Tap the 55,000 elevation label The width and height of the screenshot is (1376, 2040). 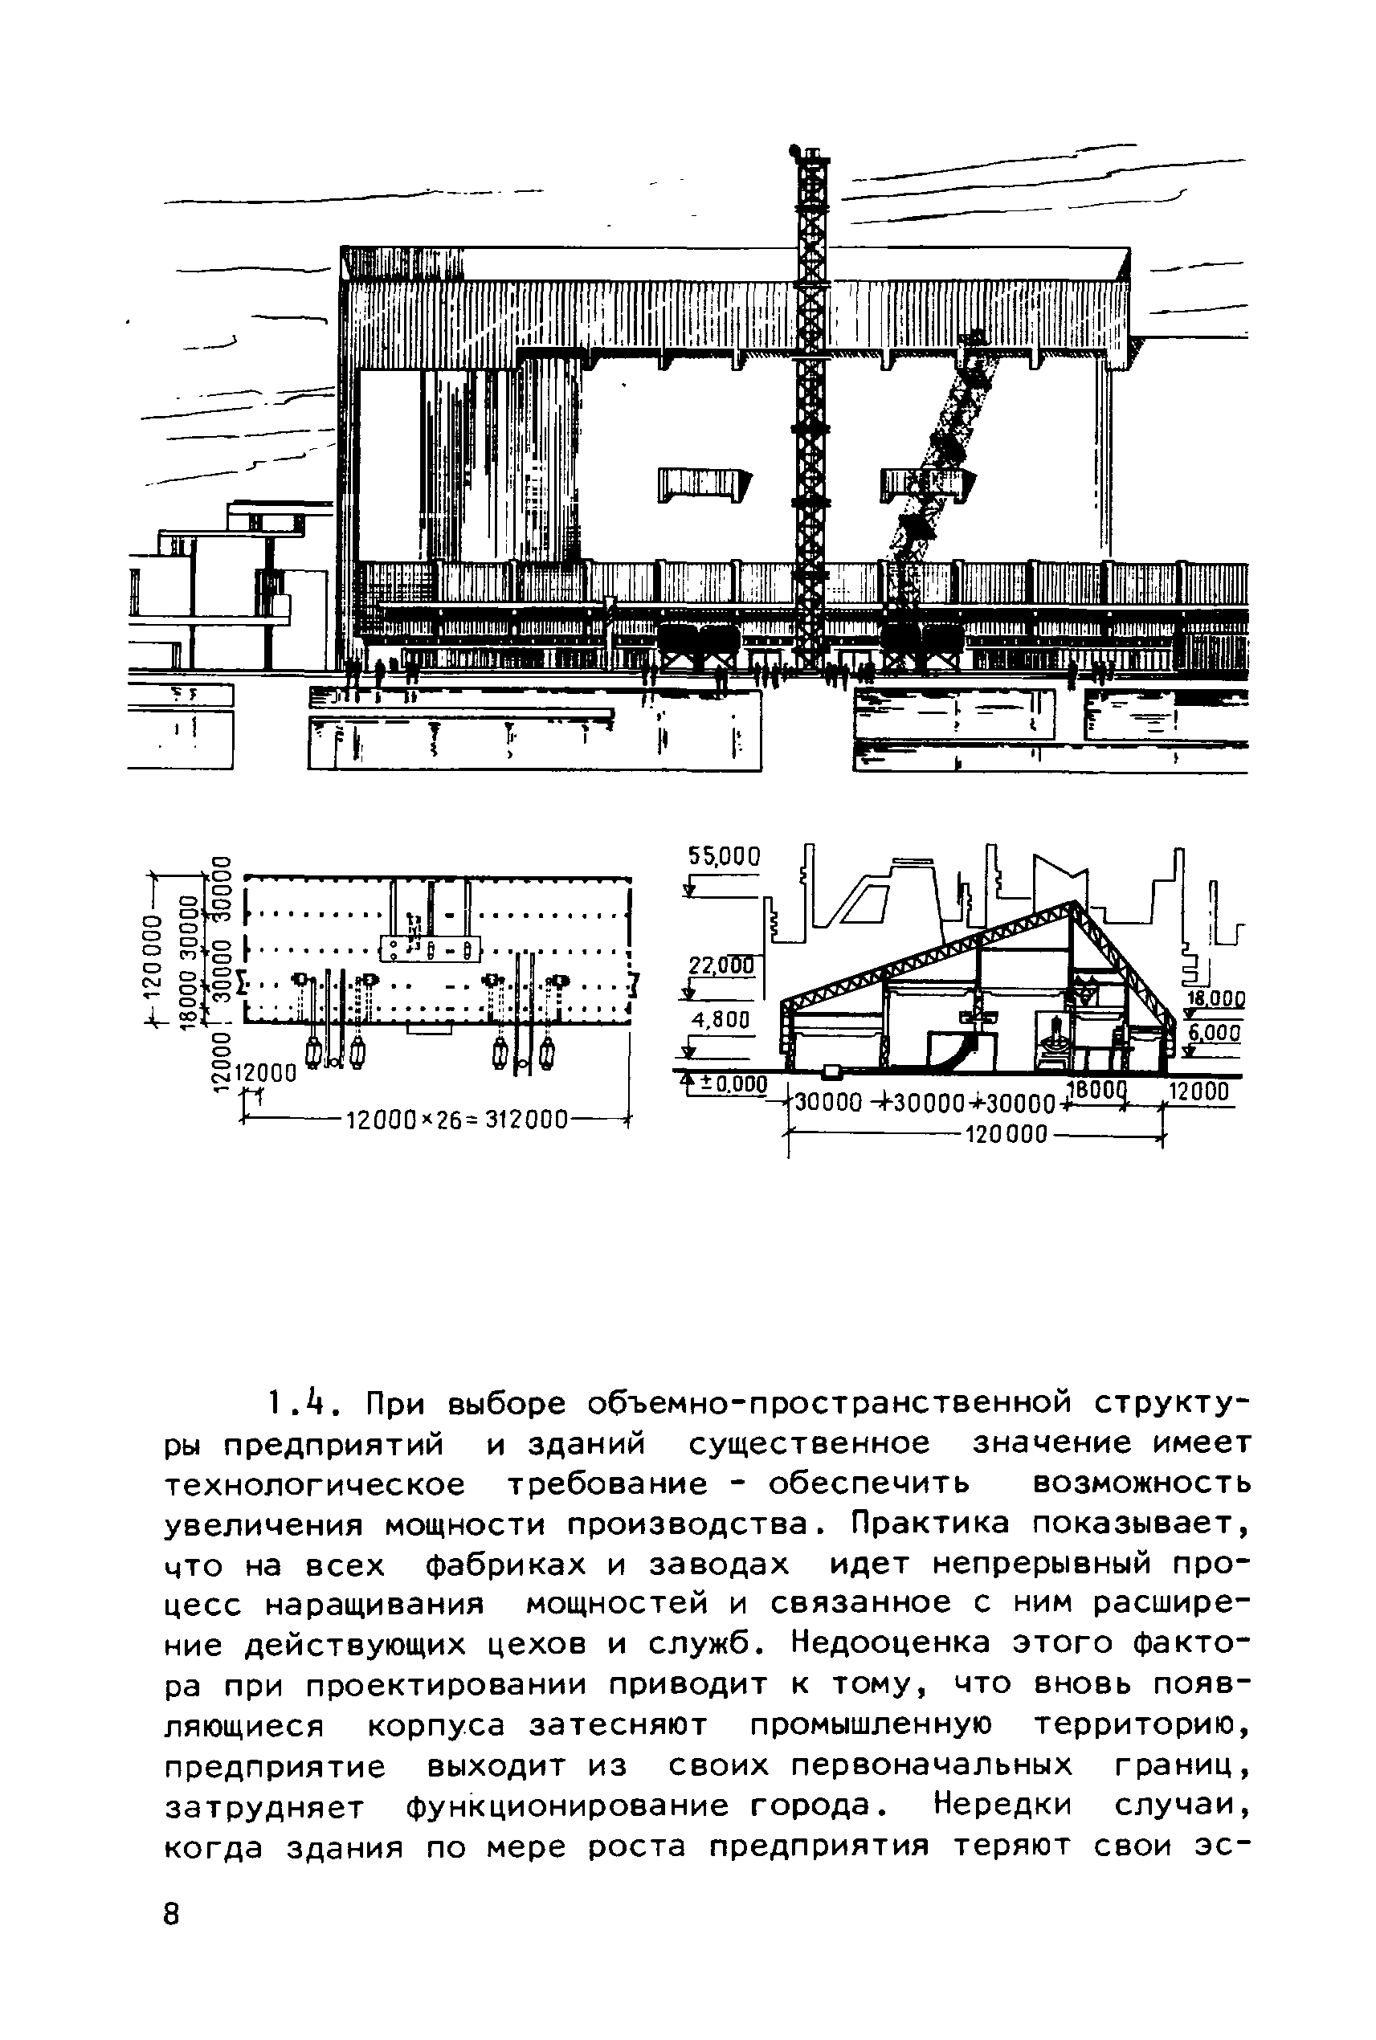[x=724, y=856]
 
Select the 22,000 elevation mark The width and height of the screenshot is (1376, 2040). [x=721, y=966]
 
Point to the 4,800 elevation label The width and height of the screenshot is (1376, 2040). [x=721, y=1021]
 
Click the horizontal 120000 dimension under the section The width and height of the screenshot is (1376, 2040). [x=1006, y=1136]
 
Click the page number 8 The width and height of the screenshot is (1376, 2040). [x=172, y=1914]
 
